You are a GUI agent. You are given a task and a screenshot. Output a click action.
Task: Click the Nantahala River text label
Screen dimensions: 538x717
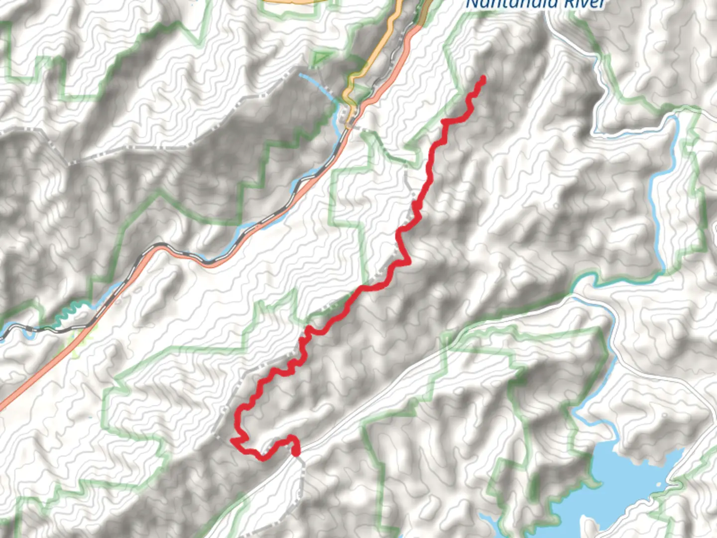535,4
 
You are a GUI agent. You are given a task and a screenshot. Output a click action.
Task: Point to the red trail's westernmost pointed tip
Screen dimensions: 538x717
232,440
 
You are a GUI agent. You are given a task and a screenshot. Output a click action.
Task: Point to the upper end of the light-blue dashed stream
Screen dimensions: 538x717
301,75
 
